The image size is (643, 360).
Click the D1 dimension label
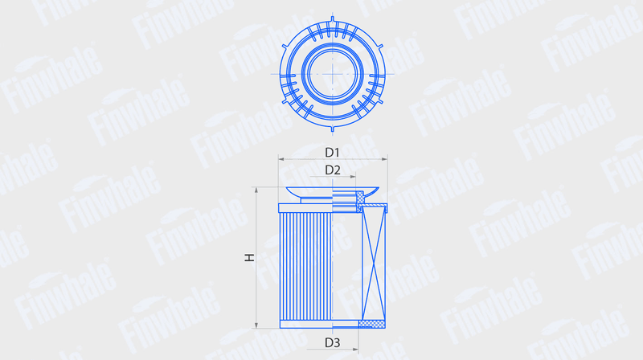click(x=332, y=153)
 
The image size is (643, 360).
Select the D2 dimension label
click(x=333, y=170)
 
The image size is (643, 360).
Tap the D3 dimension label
click(x=332, y=342)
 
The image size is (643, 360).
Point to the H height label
click(x=249, y=257)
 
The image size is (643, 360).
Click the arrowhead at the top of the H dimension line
click(x=256, y=190)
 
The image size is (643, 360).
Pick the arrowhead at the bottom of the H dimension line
click(x=256, y=325)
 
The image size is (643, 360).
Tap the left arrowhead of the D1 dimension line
click(x=281, y=159)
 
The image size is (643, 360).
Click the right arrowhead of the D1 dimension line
click(x=384, y=159)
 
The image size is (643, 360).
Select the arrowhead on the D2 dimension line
click(x=353, y=177)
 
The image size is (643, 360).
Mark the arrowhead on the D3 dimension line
click(x=355, y=350)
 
